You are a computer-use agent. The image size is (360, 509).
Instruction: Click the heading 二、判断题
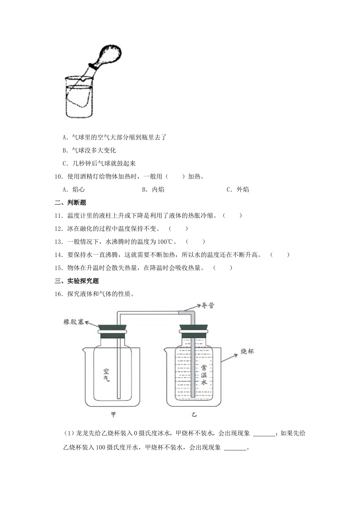(x=70, y=203)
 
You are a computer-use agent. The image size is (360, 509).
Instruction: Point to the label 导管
(x=208, y=305)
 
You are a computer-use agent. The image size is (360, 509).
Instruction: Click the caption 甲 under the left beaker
(x=113, y=414)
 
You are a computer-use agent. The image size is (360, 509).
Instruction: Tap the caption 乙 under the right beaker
(x=194, y=414)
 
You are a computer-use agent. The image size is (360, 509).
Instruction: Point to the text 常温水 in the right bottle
(x=203, y=375)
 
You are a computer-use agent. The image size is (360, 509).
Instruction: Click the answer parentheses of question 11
(x=232, y=215)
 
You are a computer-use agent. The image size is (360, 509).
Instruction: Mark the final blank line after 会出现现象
(x=235, y=448)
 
